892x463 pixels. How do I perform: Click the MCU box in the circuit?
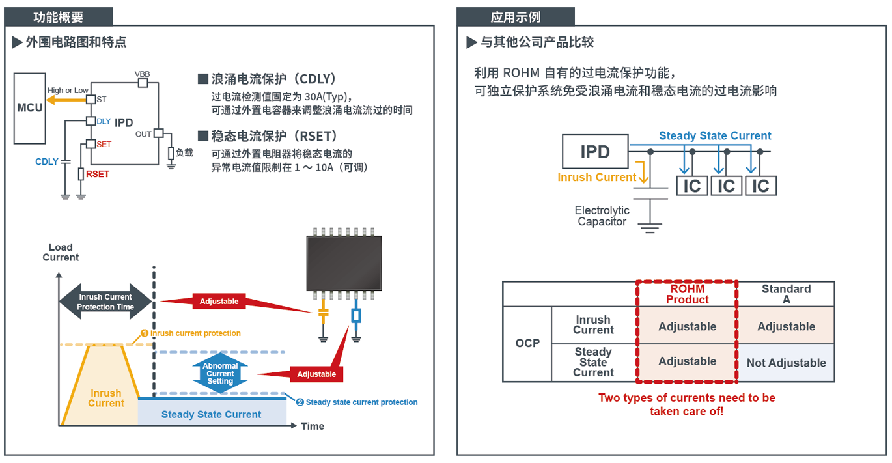(x=29, y=108)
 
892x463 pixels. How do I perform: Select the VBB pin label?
(x=142, y=74)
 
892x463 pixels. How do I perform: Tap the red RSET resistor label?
(x=98, y=174)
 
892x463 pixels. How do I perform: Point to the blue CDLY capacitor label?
(x=47, y=161)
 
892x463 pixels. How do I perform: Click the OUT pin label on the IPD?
(x=143, y=134)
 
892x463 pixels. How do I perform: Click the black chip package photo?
(x=344, y=262)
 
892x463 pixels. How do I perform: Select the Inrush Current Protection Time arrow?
(x=105, y=302)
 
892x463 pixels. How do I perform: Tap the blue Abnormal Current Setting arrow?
(x=220, y=374)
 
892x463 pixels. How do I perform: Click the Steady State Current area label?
(x=211, y=414)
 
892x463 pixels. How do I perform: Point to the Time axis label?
(x=313, y=426)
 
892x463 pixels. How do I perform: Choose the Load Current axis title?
(x=61, y=252)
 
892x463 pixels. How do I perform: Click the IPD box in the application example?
(x=595, y=152)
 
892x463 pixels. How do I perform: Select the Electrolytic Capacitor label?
(x=602, y=216)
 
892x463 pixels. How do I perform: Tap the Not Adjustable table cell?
(x=786, y=363)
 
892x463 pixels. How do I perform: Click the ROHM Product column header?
(x=687, y=294)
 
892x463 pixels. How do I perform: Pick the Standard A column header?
(x=786, y=294)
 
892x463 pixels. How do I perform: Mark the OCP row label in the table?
(x=527, y=343)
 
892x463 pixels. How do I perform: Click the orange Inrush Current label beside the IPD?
(x=596, y=177)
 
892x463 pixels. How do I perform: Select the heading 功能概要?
(x=59, y=17)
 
